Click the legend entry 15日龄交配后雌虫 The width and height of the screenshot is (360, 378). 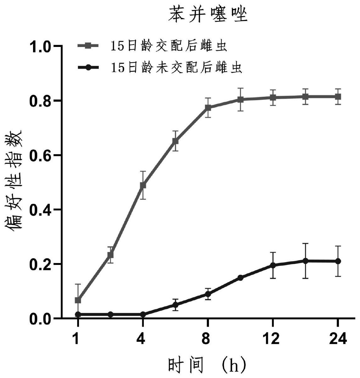click(x=168, y=46)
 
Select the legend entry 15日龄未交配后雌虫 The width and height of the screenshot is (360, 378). click(x=176, y=67)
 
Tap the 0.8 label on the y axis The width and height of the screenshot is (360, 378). click(x=43, y=101)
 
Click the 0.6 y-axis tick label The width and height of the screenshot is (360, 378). click(x=43, y=156)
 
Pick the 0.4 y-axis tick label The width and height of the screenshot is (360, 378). click(x=43, y=210)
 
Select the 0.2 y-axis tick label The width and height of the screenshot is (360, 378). click(x=43, y=264)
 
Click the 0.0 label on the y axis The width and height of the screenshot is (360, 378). click(x=43, y=318)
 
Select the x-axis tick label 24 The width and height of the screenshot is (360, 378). click(x=338, y=339)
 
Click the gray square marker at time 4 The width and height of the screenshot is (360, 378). click(x=143, y=185)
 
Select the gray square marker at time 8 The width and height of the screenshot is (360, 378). click(x=208, y=108)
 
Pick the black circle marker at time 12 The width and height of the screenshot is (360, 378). click(x=273, y=265)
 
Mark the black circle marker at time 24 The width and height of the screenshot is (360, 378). click(x=338, y=261)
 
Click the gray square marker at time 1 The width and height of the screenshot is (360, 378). click(x=78, y=300)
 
